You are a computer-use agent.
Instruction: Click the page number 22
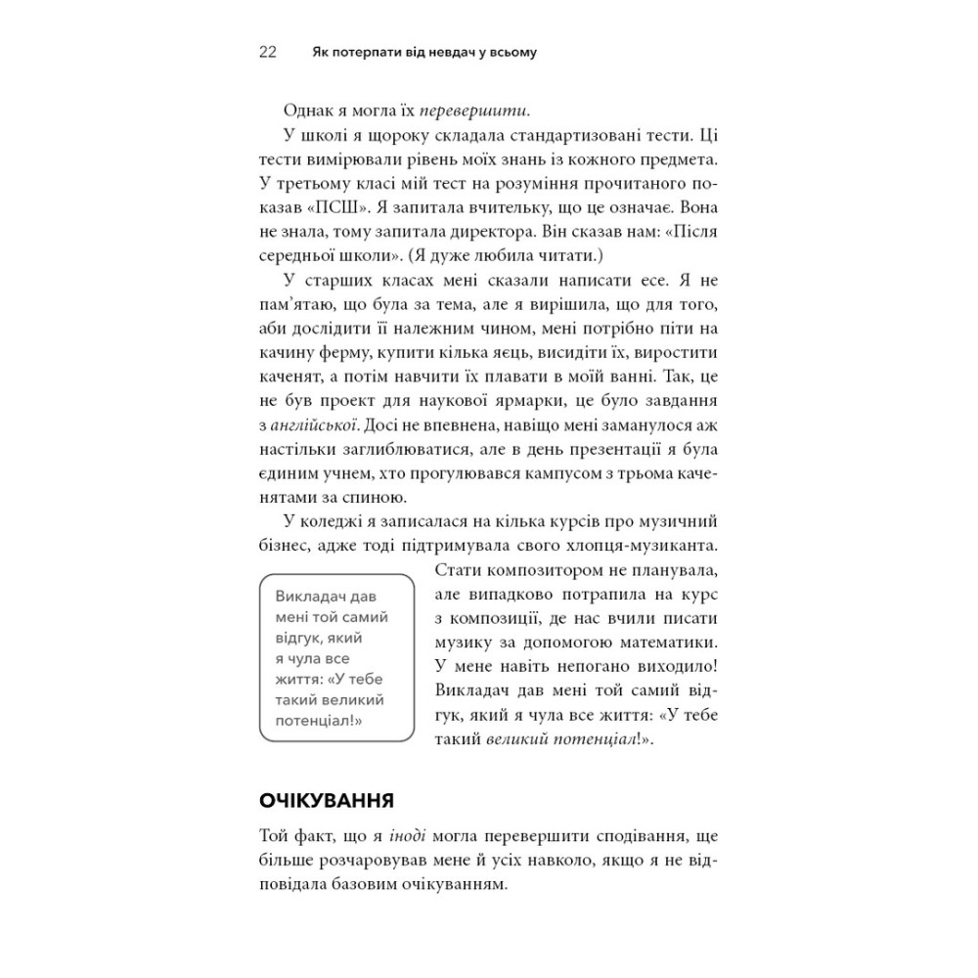(x=269, y=52)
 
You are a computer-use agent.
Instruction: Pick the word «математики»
(x=669, y=644)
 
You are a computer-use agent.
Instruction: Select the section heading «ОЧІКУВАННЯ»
(x=326, y=802)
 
